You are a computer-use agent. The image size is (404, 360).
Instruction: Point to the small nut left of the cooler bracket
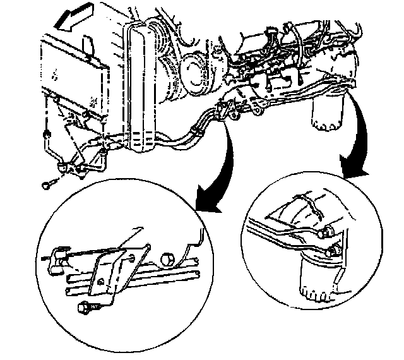click(x=47, y=134)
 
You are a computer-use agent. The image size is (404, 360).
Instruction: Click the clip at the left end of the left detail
click(x=56, y=255)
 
